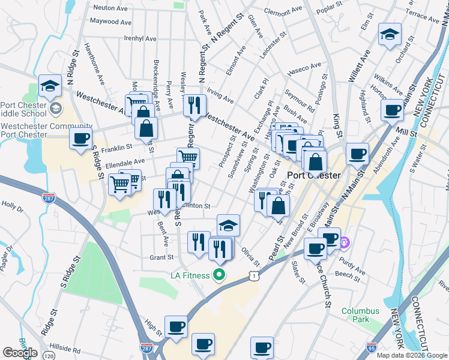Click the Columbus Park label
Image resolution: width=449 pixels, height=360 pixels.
360,316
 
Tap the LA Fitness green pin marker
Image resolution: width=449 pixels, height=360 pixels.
219,275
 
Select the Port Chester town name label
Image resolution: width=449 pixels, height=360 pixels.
314,176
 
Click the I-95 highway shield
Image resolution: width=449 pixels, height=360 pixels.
372,347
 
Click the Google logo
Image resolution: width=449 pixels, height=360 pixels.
20,353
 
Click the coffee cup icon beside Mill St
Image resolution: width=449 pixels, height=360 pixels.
393,110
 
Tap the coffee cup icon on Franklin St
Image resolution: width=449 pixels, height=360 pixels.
80,139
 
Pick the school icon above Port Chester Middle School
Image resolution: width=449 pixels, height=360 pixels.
50,86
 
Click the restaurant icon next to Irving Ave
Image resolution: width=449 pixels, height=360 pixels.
194,106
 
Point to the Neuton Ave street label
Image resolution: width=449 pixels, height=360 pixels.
111,8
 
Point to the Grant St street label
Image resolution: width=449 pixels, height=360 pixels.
161,257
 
